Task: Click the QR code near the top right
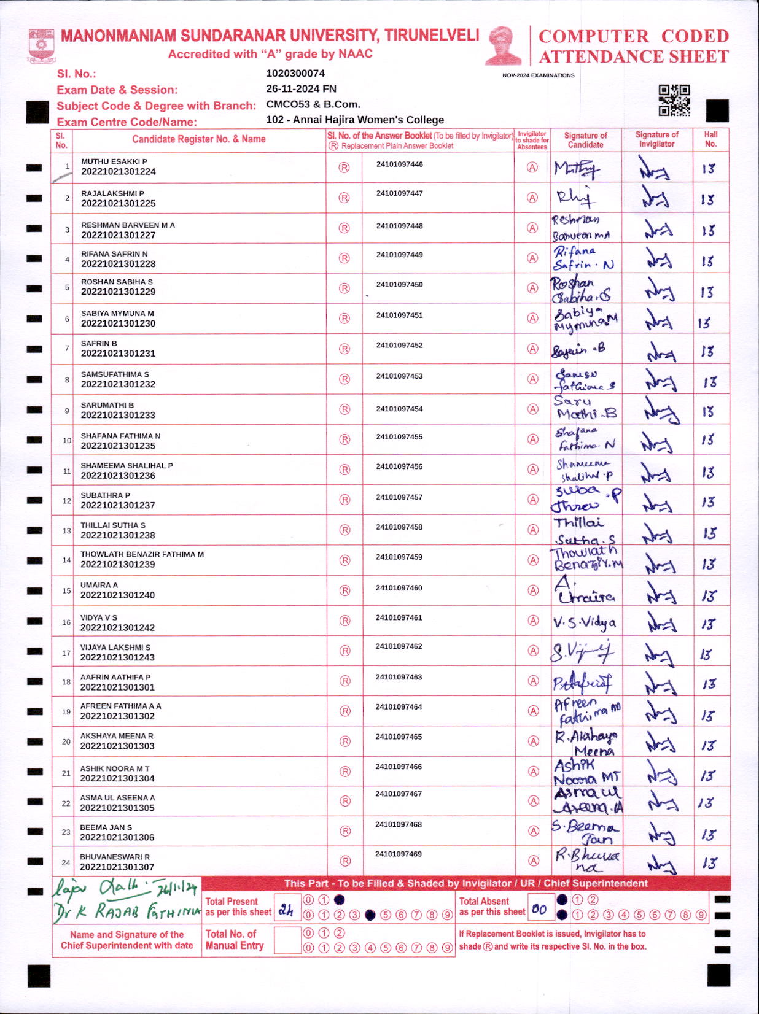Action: point(674,100)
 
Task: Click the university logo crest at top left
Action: point(41,45)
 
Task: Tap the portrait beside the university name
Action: point(503,46)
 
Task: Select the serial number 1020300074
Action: point(295,74)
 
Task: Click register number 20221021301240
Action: point(118,595)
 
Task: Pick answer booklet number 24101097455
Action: point(399,437)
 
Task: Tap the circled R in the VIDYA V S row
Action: point(345,621)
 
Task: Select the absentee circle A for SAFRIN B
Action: point(533,349)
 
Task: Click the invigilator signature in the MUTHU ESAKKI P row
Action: point(655,169)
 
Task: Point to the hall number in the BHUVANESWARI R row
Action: point(709,863)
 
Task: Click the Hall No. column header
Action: point(710,139)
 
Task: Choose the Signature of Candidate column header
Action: point(585,140)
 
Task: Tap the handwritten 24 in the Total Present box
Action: point(286,910)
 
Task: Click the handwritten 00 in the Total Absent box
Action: point(539,909)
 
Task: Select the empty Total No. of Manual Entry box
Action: point(287,940)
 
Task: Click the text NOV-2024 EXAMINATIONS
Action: point(538,75)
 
